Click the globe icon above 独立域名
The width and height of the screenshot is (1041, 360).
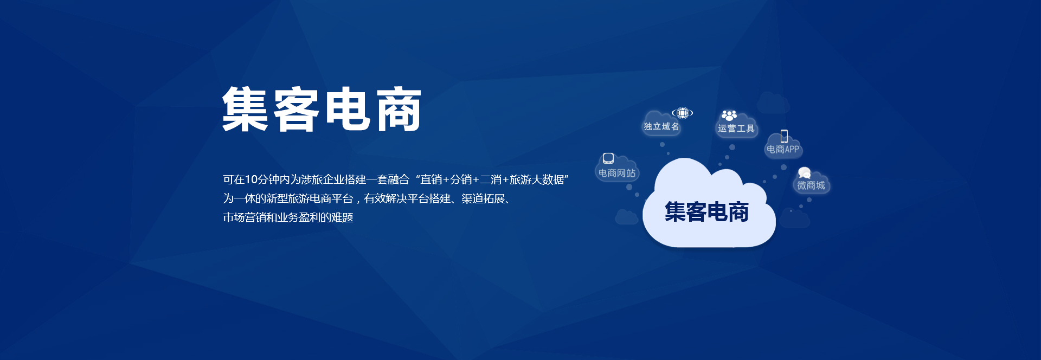682,113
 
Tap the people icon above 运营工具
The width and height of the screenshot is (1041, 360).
729,115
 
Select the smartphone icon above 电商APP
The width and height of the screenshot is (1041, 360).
784,136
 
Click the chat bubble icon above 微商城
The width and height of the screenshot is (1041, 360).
805,173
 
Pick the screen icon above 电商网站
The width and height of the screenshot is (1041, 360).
608,158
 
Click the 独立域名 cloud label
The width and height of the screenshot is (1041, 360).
661,126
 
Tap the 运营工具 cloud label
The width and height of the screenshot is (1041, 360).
736,128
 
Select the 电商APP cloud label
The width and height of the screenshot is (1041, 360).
783,149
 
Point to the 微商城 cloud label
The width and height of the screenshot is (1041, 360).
811,185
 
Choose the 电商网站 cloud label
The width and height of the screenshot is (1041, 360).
617,173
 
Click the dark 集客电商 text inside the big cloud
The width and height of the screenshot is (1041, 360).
706,211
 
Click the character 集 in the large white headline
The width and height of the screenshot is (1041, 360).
245,109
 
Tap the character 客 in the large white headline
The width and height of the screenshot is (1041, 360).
295,109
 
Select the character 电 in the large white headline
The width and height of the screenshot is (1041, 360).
348,109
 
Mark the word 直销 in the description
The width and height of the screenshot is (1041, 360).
431,179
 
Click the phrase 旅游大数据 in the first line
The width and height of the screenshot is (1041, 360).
537,179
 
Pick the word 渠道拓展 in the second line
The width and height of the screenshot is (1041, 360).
483,198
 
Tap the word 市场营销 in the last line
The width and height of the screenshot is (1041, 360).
245,217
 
